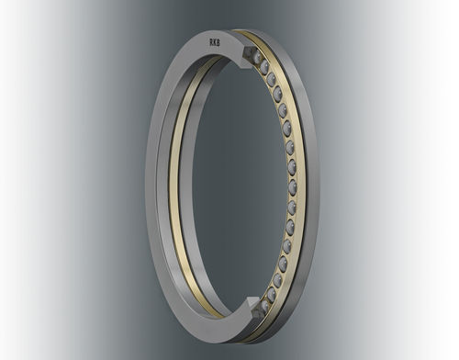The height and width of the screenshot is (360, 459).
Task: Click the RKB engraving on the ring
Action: point(214,39)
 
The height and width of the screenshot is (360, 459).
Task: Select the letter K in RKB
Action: point(214,39)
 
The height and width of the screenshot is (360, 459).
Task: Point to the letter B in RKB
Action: point(220,39)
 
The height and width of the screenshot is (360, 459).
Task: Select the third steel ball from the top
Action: point(272,80)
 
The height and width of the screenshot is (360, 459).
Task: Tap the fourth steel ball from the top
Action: point(277,93)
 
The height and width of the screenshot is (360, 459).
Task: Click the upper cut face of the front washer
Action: point(245,57)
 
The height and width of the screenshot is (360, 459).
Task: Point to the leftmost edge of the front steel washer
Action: point(147,184)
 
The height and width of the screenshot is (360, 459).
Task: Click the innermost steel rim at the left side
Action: point(191,184)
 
